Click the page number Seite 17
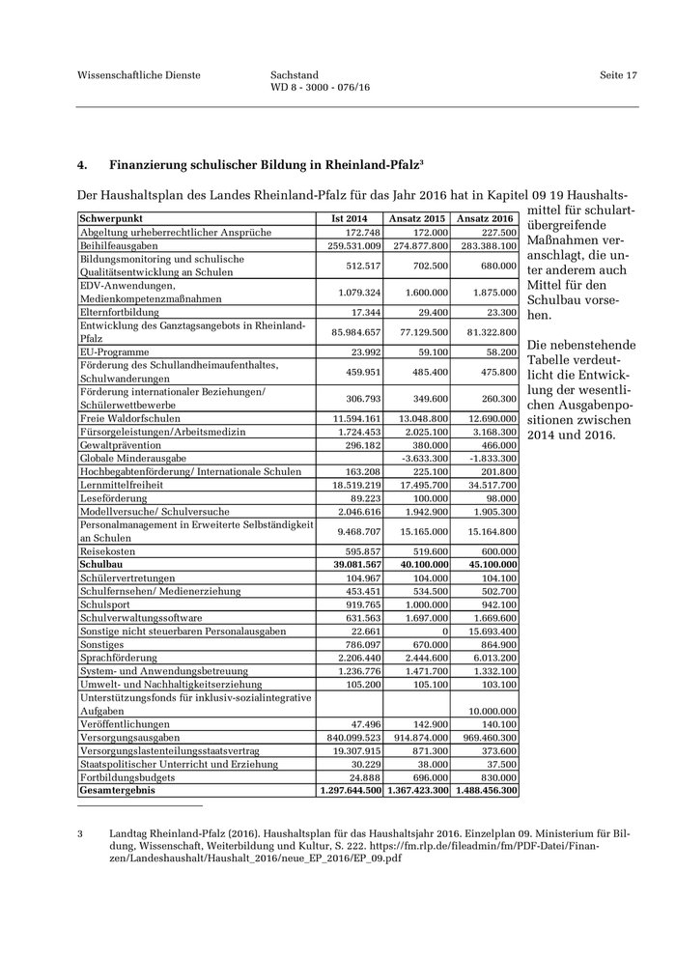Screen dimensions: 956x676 pos(618,75)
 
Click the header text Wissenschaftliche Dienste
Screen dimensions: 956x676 pos(139,75)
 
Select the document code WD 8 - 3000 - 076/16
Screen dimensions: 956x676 pos(321,88)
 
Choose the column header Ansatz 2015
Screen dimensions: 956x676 pos(417,218)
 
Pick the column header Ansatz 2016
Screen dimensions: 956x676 pos(485,218)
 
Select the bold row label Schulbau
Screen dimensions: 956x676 pos(99,564)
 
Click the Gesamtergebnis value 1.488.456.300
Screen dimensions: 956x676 pos(486,790)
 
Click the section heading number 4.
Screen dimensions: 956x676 pos(82,165)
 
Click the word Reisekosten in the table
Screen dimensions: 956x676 pos(107,551)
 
